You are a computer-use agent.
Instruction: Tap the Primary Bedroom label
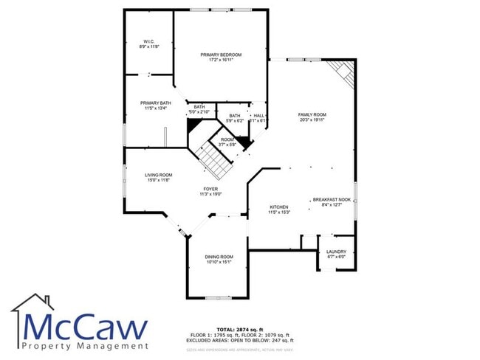point(221,55)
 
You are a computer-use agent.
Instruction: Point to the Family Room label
point(312,115)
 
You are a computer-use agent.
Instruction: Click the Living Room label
point(157,175)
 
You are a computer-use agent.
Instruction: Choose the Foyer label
point(211,189)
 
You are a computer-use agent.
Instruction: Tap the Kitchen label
point(278,207)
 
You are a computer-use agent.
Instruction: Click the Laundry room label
point(336,252)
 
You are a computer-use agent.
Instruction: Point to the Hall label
point(258,116)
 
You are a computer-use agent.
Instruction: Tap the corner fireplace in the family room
point(343,74)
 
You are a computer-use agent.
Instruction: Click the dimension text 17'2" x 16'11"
point(221,61)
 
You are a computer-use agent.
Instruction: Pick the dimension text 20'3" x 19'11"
point(312,120)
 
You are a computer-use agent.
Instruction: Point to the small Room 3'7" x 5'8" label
point(227,142)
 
